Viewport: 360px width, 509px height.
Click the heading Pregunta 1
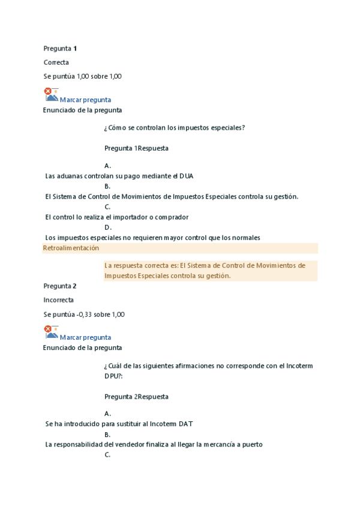[x=60, y=48]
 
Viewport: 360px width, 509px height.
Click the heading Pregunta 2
[x=60, y=286]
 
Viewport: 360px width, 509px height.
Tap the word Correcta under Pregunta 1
[x=56, y=62]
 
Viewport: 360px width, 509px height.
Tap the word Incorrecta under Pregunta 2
[x=59, y=300]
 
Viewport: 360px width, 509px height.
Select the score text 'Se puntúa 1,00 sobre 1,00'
[x=83, y=76]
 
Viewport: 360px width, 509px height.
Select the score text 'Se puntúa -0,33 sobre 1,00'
[x=84, y=314]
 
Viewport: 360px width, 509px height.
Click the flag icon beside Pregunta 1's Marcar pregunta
[x=51, y=95]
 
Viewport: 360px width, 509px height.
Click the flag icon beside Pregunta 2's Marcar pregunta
[x=51, y=332]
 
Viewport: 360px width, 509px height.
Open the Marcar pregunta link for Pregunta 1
[x=85, y=100]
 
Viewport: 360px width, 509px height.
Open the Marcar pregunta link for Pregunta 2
[x=85, y=337]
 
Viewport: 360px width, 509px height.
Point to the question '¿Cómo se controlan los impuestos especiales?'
[x=175, y=127]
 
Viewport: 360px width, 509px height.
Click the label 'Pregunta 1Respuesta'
[x=136, y=148]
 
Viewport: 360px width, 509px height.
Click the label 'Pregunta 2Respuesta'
[x=136, y=397]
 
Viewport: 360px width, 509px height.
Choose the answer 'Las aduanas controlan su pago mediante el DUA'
[x=119, y=176]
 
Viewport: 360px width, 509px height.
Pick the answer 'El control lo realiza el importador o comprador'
[x=117, y=217]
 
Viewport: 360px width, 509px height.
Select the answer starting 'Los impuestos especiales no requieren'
[x=153, y=238]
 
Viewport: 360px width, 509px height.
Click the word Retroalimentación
[x=71, y=248]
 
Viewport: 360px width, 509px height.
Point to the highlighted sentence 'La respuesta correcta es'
[x=205, y=270]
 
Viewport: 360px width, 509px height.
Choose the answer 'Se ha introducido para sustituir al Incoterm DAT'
[x=119, y=424]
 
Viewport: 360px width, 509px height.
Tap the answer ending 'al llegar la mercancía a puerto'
[x=154, y=445]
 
